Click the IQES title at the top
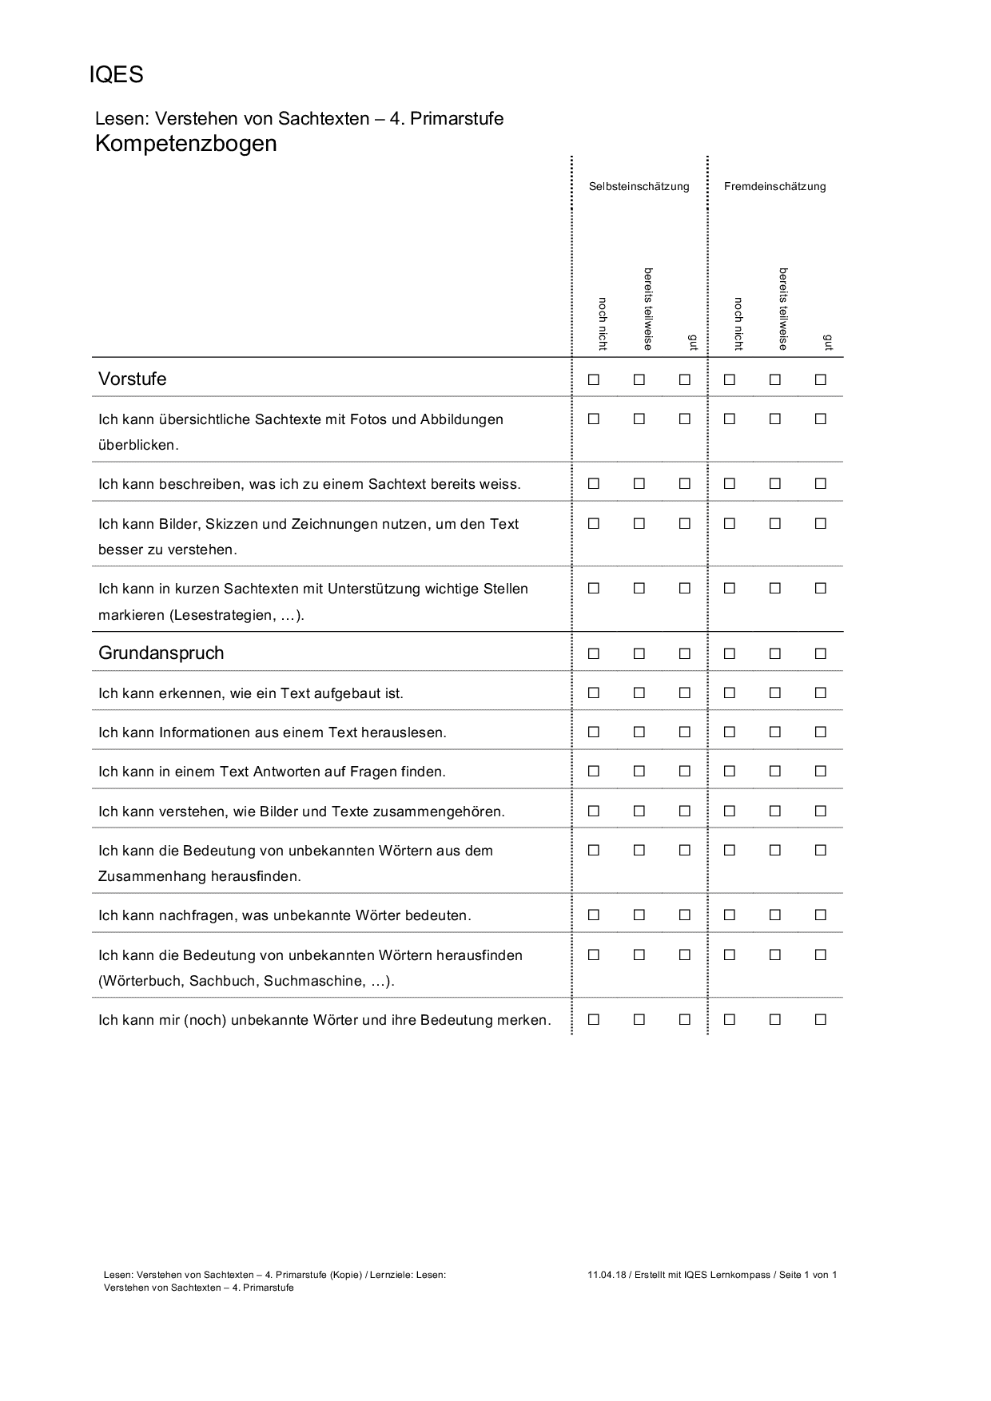[x=116, y=75]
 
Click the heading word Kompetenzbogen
[x=185, y=144]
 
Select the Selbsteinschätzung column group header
[x=639, y=187]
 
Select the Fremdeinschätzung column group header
[x=774, y=187]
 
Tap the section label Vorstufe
[x=133, y=379]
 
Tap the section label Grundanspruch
[x=161, y=653]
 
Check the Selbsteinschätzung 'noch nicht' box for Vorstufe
[x=594, y=380]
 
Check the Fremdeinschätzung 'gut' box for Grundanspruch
[x=820, y=654]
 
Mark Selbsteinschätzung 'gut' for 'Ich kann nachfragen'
[x=684, y=915]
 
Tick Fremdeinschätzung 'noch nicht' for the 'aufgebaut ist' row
[x=730, y=693]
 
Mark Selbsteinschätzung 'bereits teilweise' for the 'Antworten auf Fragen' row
[x=639, y=772]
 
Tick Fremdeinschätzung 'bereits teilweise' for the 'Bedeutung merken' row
[x=775, y=1020]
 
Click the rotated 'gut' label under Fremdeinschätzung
[x=827, y=343]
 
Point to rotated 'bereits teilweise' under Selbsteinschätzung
[x=648, y=308]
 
